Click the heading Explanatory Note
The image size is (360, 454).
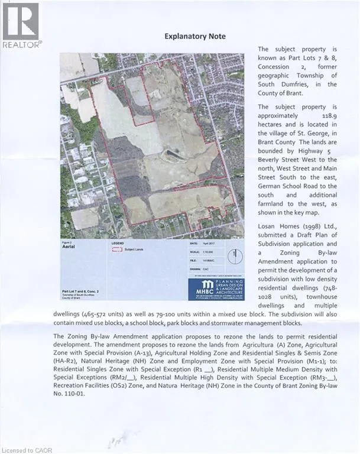(195, 36)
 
